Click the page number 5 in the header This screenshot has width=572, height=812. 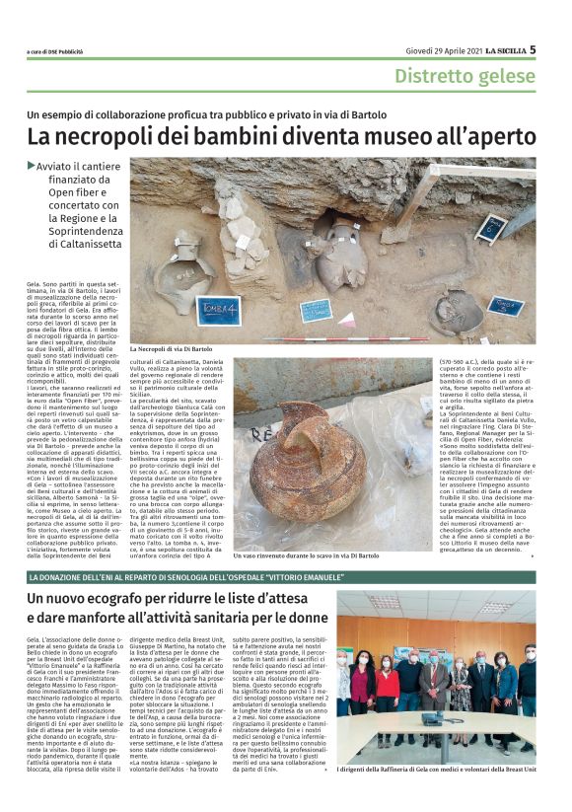533,48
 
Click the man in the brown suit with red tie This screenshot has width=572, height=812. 433,681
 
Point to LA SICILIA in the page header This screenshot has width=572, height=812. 504,49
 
